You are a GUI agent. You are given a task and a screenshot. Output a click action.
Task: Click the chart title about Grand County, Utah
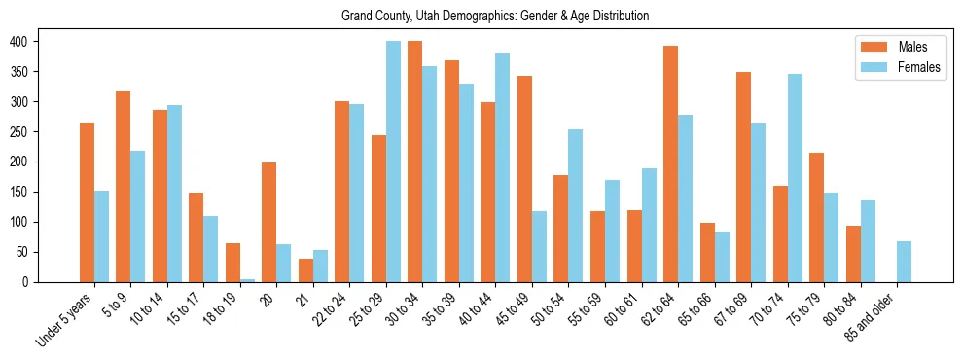pyautogui.click(x=495, y=17)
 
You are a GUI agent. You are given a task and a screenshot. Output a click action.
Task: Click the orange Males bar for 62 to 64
pyautogui.click(x=670, y=163)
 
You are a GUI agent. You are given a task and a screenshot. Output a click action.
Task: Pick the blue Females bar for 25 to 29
pyautogui.click(x=393, y=162)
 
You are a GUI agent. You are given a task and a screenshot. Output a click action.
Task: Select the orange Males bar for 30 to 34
pyautogui.click(x=415, y=162)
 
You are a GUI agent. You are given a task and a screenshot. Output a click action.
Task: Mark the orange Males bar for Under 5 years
pyautogui.click(x=87, y=202)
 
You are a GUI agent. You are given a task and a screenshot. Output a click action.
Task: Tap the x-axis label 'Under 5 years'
pyautogui.click(x=65, y=318)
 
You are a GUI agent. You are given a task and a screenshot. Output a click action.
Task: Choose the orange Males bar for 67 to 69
pyautogui.click(x=743, y=177)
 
